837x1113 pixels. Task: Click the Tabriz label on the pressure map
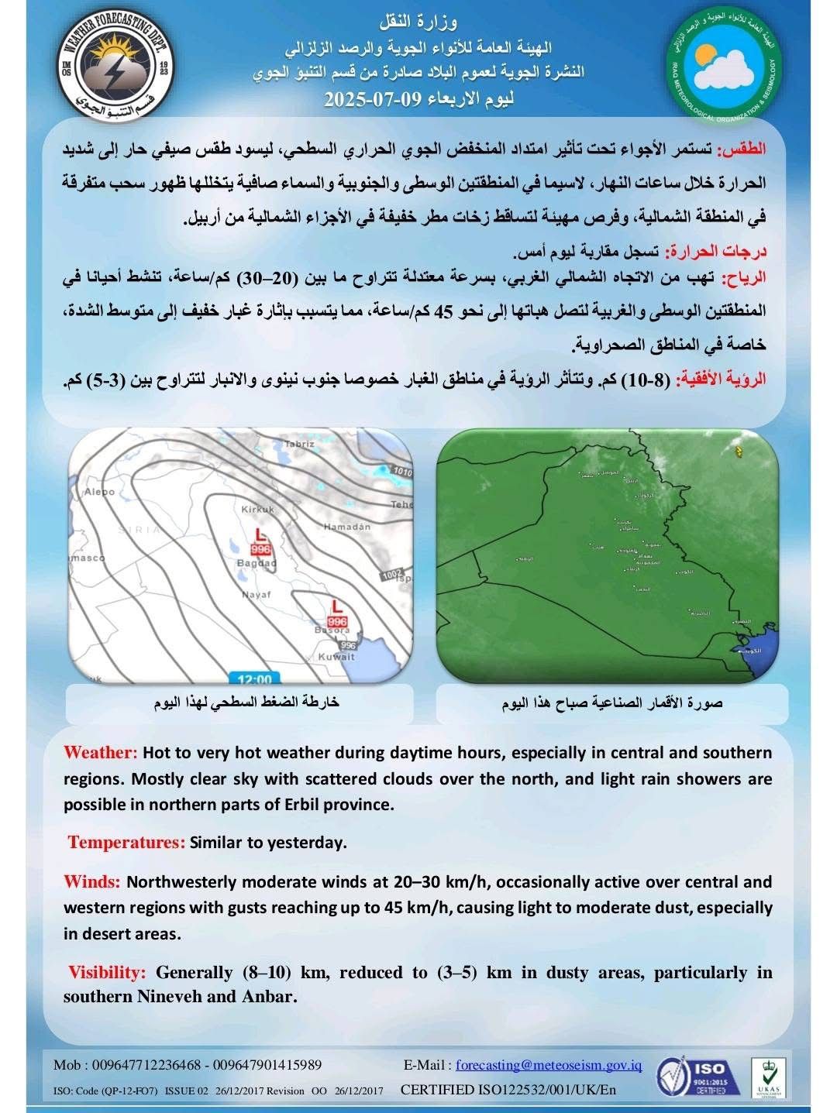299,444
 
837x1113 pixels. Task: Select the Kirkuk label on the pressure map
258,509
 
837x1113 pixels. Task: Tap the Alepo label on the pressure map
99,491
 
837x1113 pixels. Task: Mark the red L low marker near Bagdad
261,534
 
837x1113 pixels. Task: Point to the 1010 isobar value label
402,471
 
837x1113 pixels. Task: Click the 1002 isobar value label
393,575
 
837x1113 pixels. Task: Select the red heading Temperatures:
126,843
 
